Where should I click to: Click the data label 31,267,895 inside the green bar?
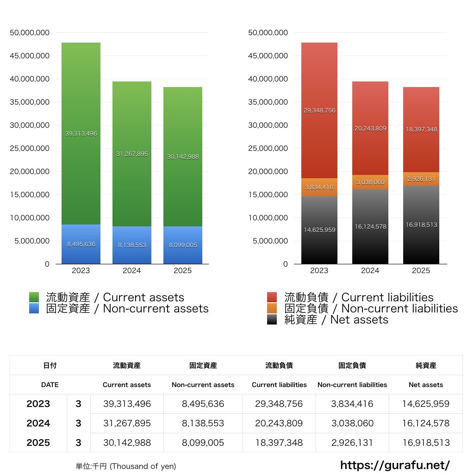[132, 154]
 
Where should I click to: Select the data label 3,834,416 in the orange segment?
[319, 187]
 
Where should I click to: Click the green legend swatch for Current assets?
[34, 297]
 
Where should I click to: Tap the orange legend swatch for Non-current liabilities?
[272, 309]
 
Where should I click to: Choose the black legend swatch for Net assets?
[272, 320]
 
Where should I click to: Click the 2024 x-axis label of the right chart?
[370, 271]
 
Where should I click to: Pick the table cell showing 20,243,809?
[279, 423]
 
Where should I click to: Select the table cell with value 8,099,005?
[203, 443]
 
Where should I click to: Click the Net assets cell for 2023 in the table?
[426, 404]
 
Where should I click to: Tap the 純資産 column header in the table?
[426, 365]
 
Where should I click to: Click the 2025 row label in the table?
[38, 443]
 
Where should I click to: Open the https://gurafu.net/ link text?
[395, 465]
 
